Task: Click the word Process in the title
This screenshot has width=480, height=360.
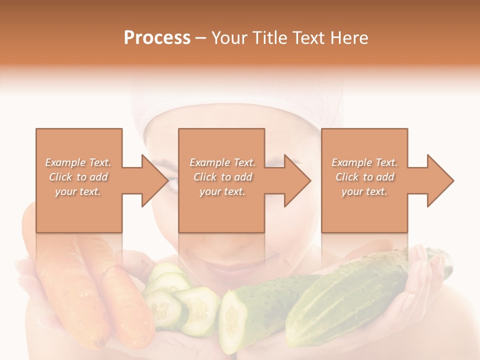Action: [x=157, y=38]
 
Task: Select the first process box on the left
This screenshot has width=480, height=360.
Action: [x=79, y=210]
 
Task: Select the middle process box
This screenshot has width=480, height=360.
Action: [x=221, y=210]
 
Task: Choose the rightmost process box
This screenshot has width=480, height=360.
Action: [x=364, y=210]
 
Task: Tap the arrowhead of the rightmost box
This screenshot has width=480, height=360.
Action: [x=439, y=180]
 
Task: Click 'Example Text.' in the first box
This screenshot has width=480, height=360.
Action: [x=78, y=162]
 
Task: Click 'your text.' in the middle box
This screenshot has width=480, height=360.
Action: [x=222, y=191]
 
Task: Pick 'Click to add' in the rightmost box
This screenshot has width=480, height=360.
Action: [x=364, y=177]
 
